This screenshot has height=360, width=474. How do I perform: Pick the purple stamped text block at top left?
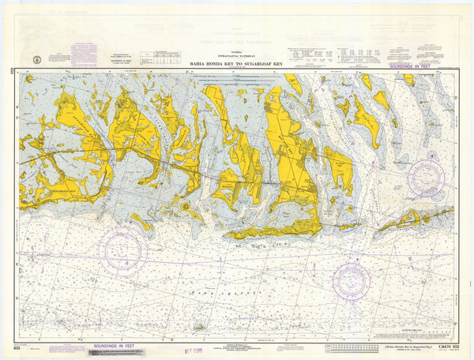(x=84, y=54)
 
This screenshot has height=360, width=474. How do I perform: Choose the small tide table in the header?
(x=158, y=57)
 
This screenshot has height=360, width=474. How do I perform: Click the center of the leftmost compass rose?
(x=121, y=249)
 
